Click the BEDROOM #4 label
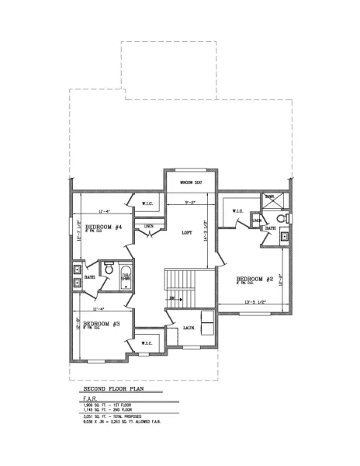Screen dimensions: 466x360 pos(103,228)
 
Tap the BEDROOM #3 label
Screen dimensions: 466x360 pos(101,324)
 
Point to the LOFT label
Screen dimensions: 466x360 pos(186,232)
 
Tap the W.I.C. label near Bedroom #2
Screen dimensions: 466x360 pos(238,210)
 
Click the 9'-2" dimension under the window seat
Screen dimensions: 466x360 pos(189,203)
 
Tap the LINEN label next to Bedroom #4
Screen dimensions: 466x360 pos(150,226)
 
